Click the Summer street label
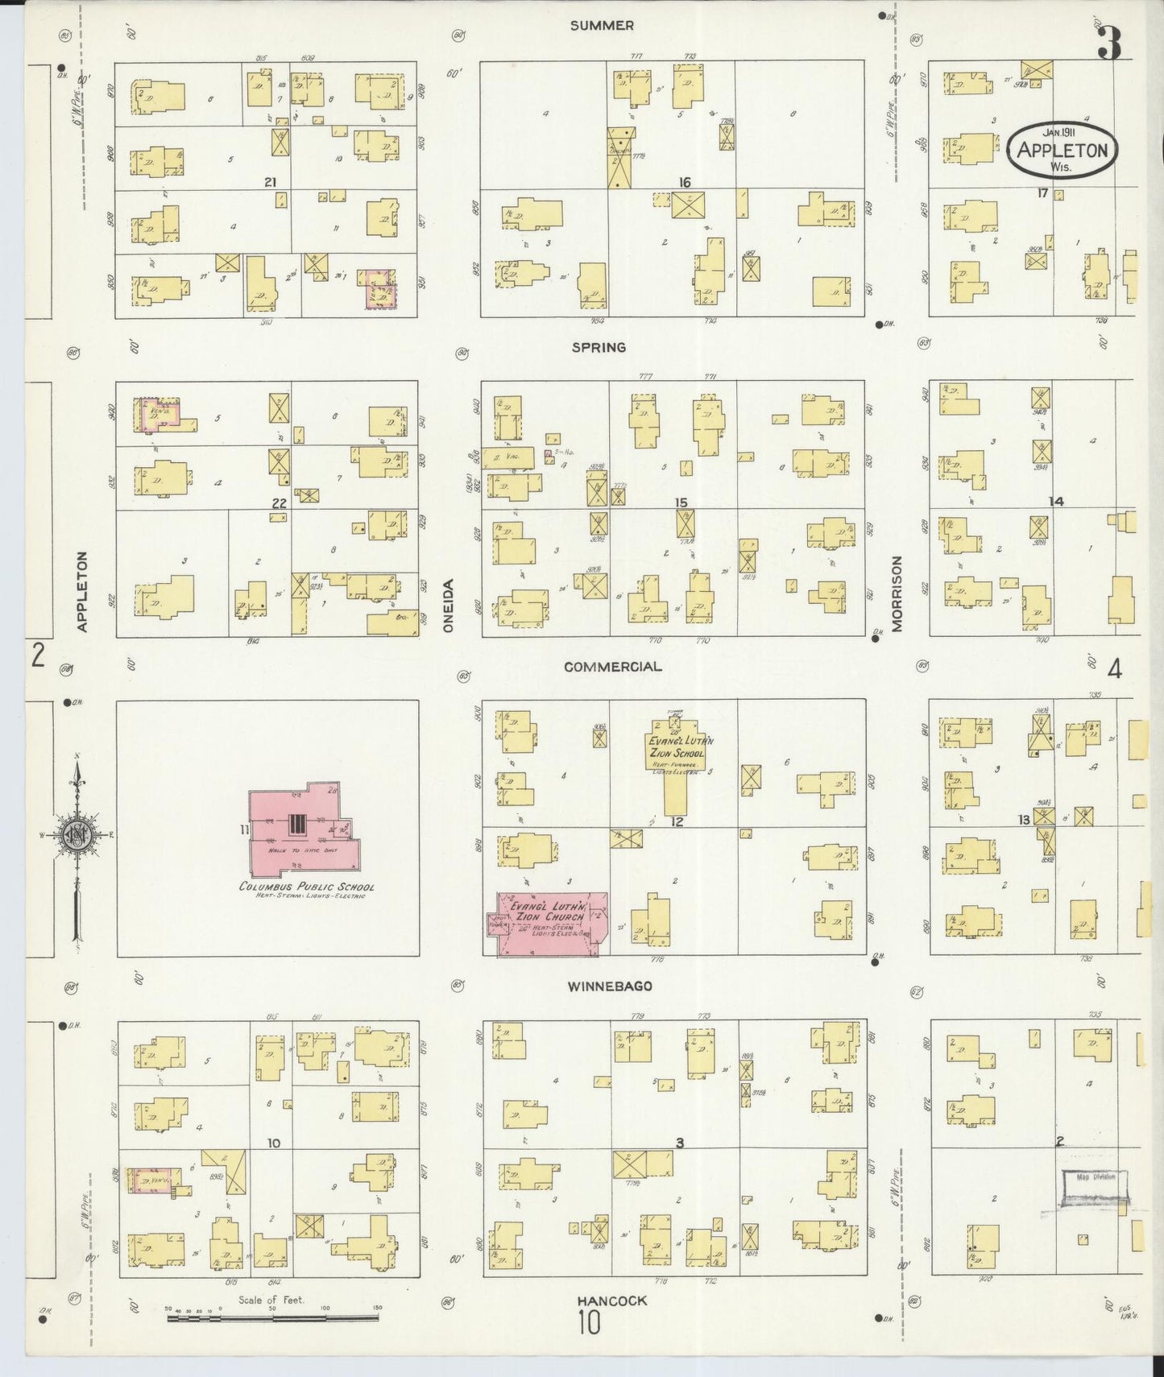(x=601, y=26)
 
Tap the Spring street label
(x=599, y=348)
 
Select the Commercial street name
(x=613, y=667)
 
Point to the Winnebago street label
(x=609, y=986)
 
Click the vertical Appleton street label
(x=81, y=591)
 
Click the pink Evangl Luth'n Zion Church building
(x=548, y=924)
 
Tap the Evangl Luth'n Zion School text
(x=677, y=747)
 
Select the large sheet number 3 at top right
(x=1109, y=43)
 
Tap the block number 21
(x=269, y=183)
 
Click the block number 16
(x=684, y=183)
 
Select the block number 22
(x=279, y=502)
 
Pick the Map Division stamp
(x=1094, y=1188)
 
